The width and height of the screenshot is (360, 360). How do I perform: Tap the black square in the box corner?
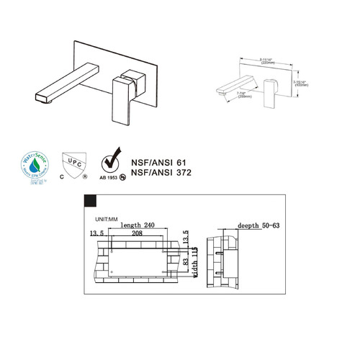(x=92, y=201)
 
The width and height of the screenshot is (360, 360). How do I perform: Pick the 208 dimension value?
(x=131, y=235)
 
